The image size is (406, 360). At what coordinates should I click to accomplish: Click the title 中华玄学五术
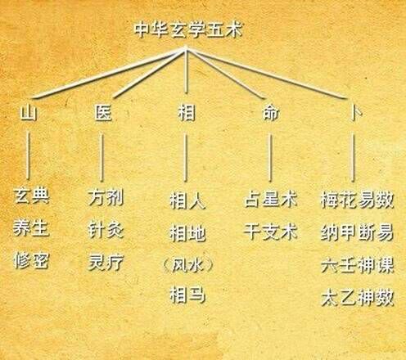[188, 29]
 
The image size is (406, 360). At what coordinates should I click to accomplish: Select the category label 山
[29, 113]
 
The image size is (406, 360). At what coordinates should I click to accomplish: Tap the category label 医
[103, 113]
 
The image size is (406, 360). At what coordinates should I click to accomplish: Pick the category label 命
[271, 113]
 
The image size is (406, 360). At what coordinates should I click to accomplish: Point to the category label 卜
[356, 113]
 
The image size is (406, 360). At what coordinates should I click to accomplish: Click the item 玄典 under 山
[31, 196]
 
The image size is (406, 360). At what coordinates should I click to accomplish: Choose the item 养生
[31, 228]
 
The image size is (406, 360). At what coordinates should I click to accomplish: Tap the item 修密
[31, 260]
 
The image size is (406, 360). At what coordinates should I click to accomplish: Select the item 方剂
[106, 198]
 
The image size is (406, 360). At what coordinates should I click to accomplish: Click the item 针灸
[106, 230]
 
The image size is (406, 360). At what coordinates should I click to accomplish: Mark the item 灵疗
[106, 263]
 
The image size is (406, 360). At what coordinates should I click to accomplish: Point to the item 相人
[187, 201]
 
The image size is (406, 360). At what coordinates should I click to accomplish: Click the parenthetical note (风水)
[187, 265]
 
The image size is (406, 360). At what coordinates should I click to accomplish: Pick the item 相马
[187, 295]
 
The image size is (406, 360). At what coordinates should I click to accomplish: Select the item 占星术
[271, 199]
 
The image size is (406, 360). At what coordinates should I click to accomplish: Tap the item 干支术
[271, 232]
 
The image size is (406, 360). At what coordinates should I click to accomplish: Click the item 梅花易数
[358, 200]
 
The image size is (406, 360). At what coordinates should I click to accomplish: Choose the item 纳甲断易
[358, 232]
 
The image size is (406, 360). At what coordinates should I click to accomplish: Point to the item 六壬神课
[358, 265]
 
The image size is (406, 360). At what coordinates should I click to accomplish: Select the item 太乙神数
[358, 298]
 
